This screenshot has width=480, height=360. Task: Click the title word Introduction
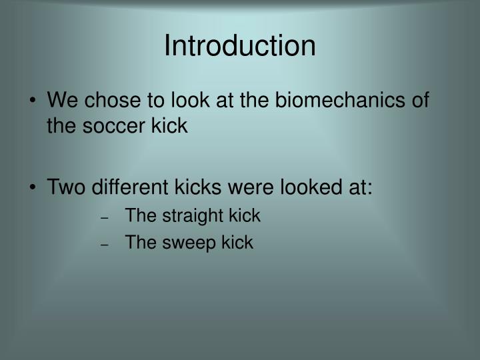(x=240, y=46)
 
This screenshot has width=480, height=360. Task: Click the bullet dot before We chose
(x=35, y=103)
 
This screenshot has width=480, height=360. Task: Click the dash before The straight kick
(x=105, y=217)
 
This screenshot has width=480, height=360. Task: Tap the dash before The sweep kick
(x=105, y=243)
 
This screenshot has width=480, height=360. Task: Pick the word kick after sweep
(x=239, y=242)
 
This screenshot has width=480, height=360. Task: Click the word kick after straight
(x=245, y=216)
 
